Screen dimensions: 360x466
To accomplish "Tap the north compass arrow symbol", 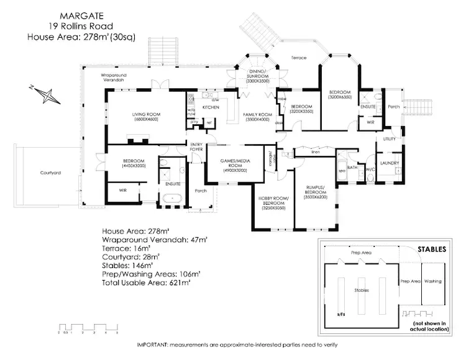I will tap(45, 95).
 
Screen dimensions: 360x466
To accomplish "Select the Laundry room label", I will tap(390, 163).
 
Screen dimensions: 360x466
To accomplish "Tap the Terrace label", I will tap(299, 57).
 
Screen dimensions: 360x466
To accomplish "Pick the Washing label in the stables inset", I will tap(432, 281).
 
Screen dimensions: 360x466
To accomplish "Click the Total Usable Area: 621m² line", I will tap(146, 282).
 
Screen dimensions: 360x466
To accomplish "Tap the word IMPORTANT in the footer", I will tap(153, 344).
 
